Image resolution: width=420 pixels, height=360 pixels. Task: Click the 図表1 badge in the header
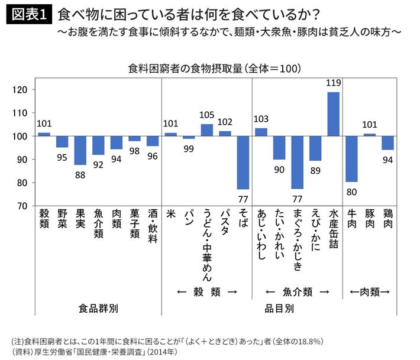pyautogui.click(x=29, y=15)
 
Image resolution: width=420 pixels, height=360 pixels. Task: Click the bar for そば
pyautogui.click(x=243, y=163)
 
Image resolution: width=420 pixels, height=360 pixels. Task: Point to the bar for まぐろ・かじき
pyautogui.click(x=297, y=163)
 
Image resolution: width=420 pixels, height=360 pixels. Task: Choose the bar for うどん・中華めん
pyautogui.click(x=207, y=130)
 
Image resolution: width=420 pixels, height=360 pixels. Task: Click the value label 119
pyautogui.click(x=334, y=83)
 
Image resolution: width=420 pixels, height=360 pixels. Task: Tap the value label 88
pyautogui.click(x=80, y=174)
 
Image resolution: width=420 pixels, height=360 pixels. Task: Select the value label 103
pyautogui.click(x=261, y=119)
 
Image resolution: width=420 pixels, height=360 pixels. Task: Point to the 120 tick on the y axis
pyautogui.click(x=21, y=90)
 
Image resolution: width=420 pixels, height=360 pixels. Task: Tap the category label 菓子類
pyautogui.click(x=135, y=227)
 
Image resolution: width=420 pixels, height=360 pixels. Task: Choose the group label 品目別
pyautogui.click(x=279, y=309)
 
